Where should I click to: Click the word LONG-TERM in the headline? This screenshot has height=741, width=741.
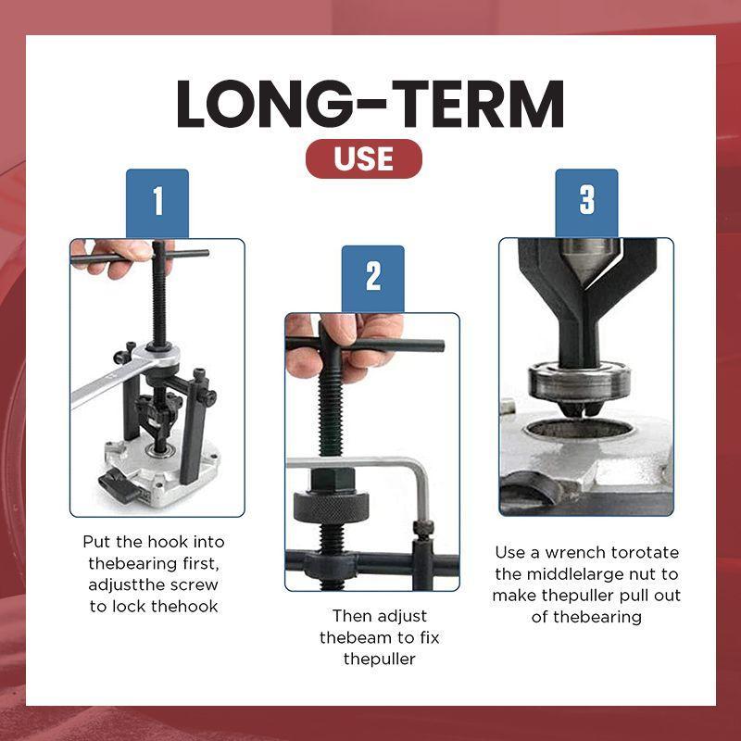pyautogui.click(x=370, y=104)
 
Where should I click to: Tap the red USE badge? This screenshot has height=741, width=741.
pyautogui.click(x=363, y=158)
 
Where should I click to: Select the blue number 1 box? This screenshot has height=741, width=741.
pyautogui.click(x=157, y=202)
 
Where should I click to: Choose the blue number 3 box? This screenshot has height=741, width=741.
pyautogui.click(x=586, y=202)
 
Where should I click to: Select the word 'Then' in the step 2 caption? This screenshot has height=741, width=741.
pyautogui.click(x=353, y=616)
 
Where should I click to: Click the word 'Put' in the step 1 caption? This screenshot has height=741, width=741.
pyautogui.click(x=96, y=542)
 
